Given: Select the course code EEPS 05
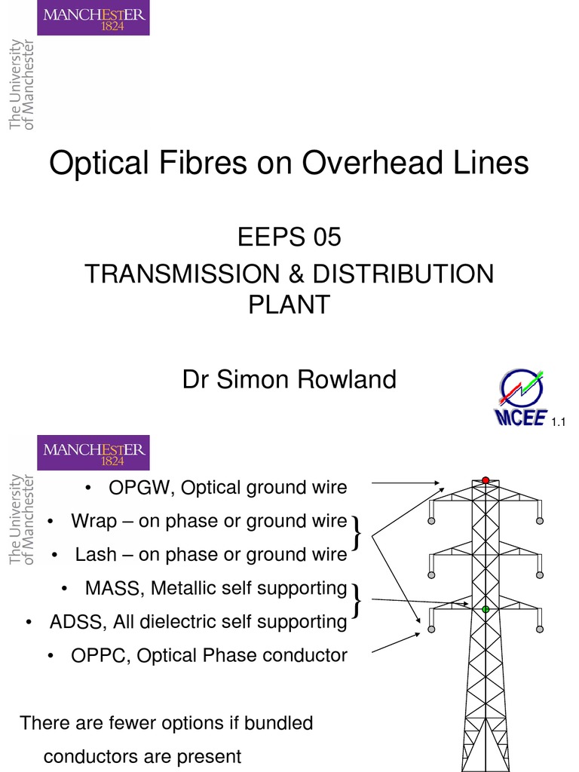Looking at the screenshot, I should point(289,237).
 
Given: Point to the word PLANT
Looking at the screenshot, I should point(289,305).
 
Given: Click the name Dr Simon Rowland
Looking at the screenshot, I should point(289,379).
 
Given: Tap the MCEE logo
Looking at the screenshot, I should point(520,398).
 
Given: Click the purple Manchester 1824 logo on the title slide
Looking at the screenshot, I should point(93,18).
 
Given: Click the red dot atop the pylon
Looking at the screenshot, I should point(486,479).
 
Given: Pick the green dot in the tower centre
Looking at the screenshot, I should point(486,608).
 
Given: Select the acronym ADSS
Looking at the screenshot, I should point(81,622).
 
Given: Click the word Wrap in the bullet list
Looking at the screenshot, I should point(91,521).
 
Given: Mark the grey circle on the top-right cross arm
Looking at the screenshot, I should point(540,520).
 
